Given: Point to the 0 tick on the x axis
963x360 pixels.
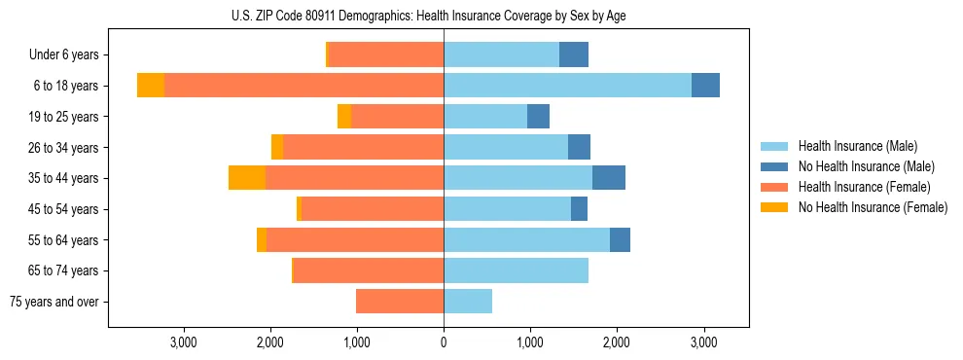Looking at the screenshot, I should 444,342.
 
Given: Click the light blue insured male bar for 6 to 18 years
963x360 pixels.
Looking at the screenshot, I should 567,86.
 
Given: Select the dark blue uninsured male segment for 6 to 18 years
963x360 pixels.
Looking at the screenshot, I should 705,86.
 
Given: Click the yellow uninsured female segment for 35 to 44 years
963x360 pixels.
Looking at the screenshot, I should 247,178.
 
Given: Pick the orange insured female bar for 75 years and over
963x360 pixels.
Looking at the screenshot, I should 400,302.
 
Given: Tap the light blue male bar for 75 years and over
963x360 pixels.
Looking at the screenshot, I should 468,302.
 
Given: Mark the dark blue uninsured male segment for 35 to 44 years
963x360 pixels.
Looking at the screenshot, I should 609,178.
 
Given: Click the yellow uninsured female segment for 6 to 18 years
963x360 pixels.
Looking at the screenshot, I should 151,86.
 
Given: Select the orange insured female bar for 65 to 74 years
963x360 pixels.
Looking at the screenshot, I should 369,270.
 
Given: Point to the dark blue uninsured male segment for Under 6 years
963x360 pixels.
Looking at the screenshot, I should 574,55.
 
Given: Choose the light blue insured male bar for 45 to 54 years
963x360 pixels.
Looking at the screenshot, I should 507,209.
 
